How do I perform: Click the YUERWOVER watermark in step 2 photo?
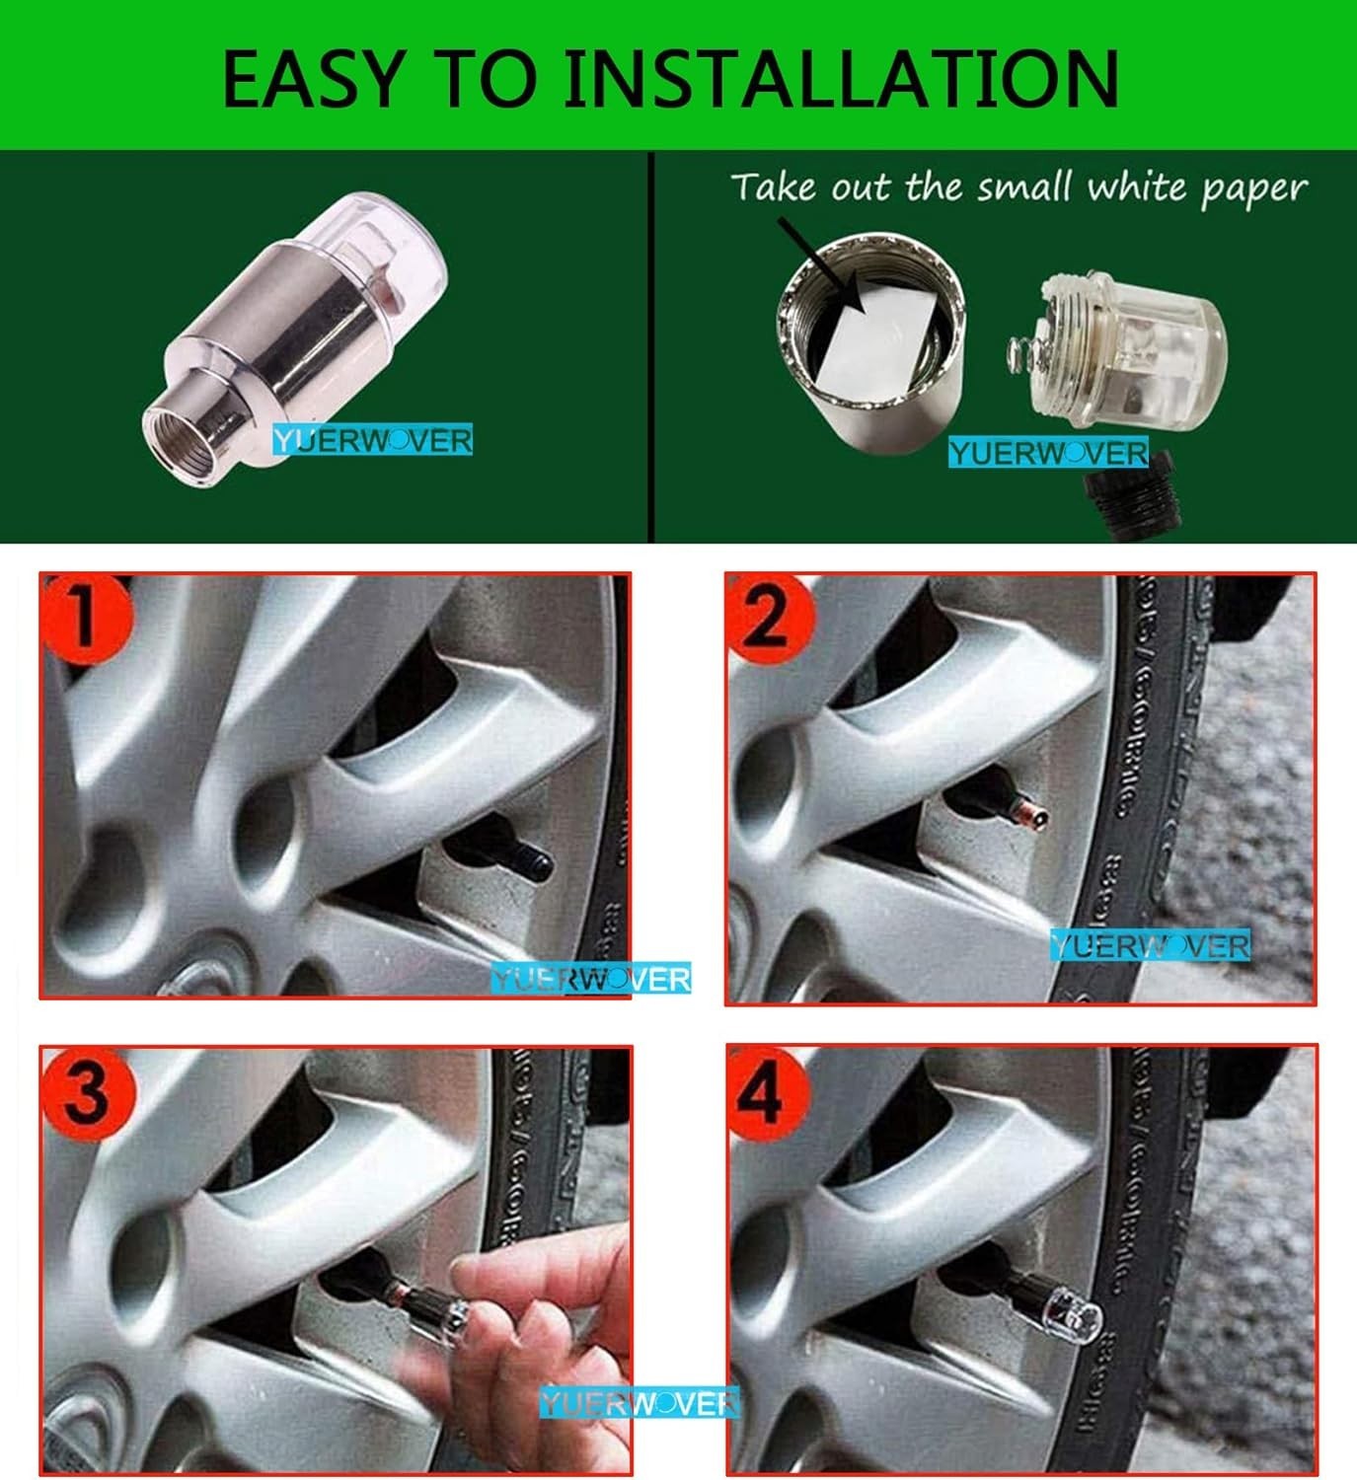(x=1150, y=945)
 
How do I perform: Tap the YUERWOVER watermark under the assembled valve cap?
(x=373, y=440)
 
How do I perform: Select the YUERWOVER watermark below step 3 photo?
(x=639, y=1402)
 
